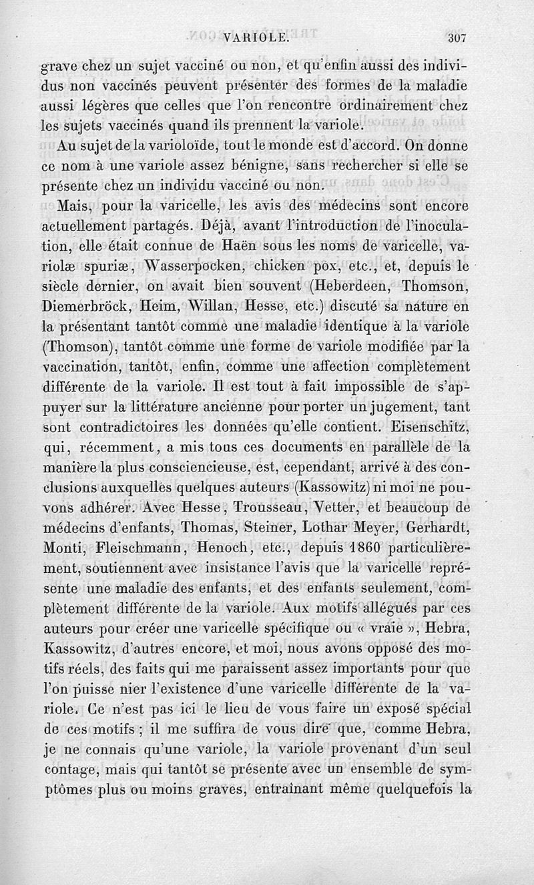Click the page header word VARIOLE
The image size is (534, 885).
click(257, 38)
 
